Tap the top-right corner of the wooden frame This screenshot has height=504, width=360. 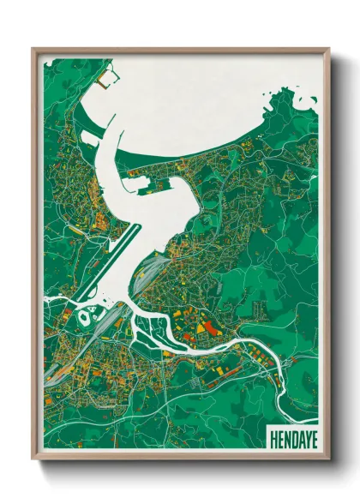[x=328, y=50]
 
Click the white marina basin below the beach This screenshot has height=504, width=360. [x=141, y=179]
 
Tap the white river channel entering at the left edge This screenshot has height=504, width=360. [x=51, y=300]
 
